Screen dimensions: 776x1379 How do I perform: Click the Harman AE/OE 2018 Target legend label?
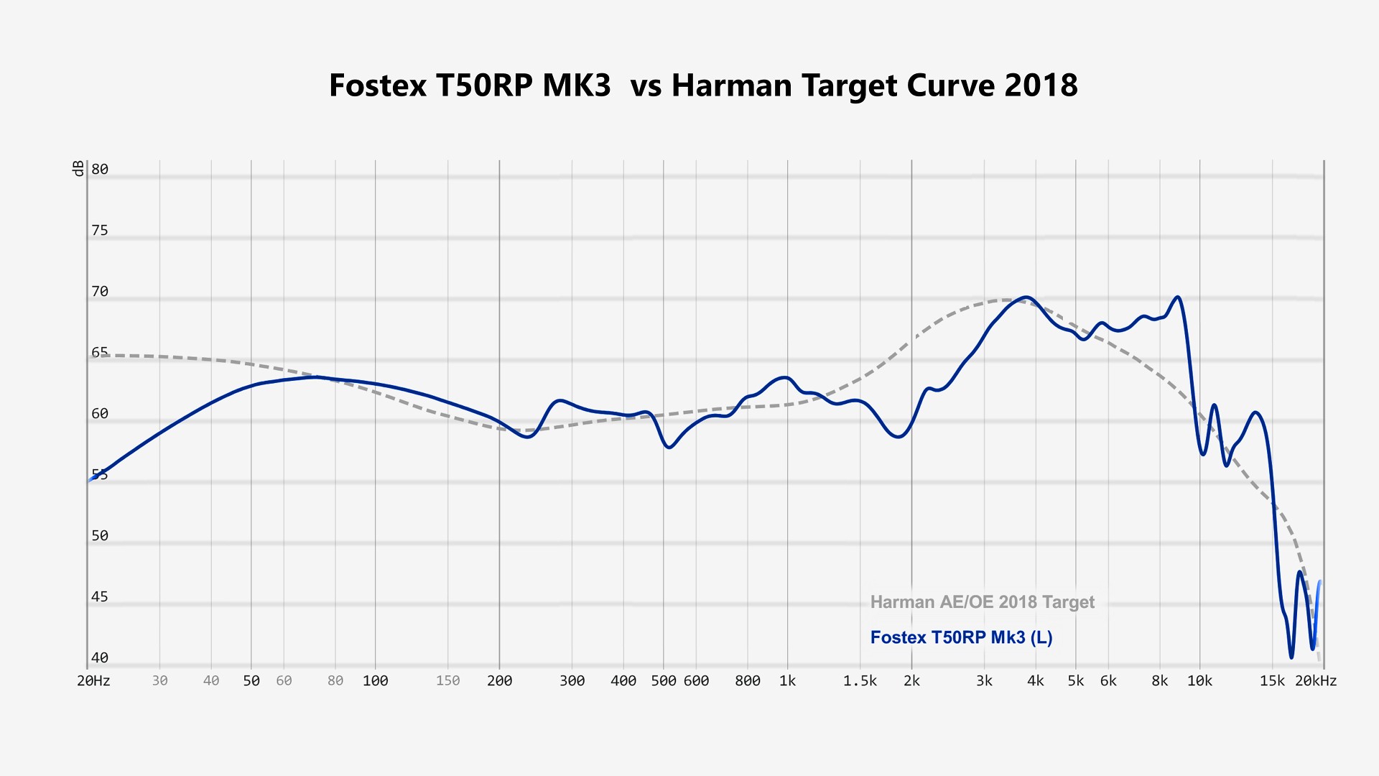point(982,602)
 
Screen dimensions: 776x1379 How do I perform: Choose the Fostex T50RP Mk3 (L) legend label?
point(961,637)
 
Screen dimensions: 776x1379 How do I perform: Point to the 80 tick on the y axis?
point(100,170)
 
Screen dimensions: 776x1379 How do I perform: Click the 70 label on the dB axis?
point(100,292)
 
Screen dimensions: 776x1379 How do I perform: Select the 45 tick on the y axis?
point(100,597)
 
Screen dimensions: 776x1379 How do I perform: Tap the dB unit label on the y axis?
point(78,169)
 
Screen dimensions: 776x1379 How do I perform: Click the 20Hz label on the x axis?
point(93,681)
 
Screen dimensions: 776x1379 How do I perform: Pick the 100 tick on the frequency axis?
point(375,681)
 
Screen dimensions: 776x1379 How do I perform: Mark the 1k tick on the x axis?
point(787,681)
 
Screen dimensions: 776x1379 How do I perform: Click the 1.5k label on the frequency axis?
point(860,681)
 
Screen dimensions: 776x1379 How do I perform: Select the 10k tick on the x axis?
point(1199,681)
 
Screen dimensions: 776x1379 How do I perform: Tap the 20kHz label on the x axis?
point(1316,681)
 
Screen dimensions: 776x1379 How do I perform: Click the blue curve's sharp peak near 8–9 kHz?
point(1178,297)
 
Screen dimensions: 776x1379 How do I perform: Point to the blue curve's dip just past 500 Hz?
point(669,447)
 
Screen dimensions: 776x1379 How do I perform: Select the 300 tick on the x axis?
point(572,681)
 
